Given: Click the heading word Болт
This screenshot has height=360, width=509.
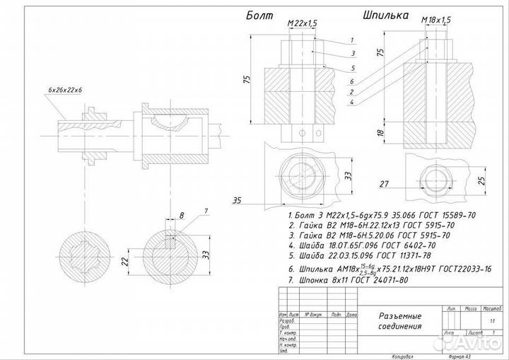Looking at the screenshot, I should click(x=260, y=15).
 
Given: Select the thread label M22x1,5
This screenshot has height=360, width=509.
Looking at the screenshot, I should click(x=303, y=25).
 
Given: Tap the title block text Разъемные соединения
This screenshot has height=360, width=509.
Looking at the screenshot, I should click(x=402, y=321).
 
